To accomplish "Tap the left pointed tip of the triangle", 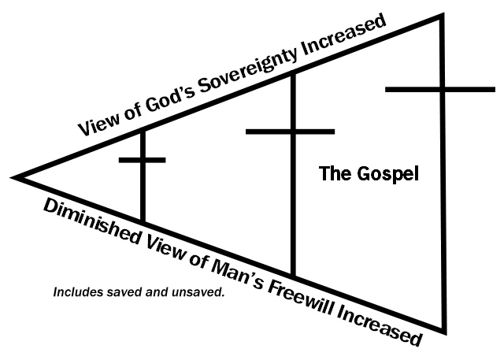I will pos(16,176).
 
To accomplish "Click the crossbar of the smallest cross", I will pos(142,160).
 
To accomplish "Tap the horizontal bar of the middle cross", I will pos(291,131).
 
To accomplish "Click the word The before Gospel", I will pos(332,174).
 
